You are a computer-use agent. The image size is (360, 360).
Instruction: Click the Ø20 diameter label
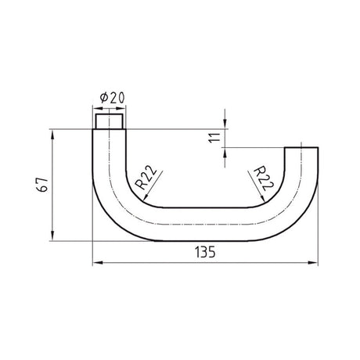pos(113,98)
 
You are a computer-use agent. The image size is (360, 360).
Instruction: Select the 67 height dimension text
pos(42,185)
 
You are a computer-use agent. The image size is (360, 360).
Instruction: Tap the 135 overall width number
pos(205,252)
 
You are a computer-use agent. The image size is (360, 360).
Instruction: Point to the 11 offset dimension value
pos(215,138)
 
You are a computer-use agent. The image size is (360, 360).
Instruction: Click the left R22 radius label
pos(146,178)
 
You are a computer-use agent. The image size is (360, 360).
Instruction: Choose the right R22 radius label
pos(263,178)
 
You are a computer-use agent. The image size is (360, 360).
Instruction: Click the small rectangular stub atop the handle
pos(109,121)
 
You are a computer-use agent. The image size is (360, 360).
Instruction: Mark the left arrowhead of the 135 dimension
pos(97,263)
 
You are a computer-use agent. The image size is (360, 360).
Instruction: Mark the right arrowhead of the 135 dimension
pos(313,263)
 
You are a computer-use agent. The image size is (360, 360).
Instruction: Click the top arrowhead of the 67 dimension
pos(52,134)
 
